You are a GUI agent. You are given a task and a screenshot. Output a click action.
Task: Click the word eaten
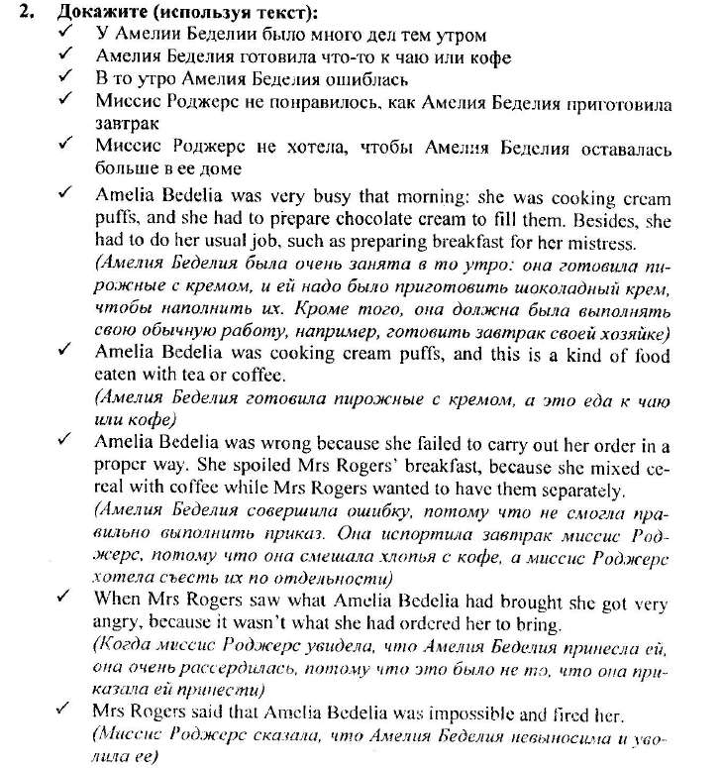(x=119, y=377)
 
